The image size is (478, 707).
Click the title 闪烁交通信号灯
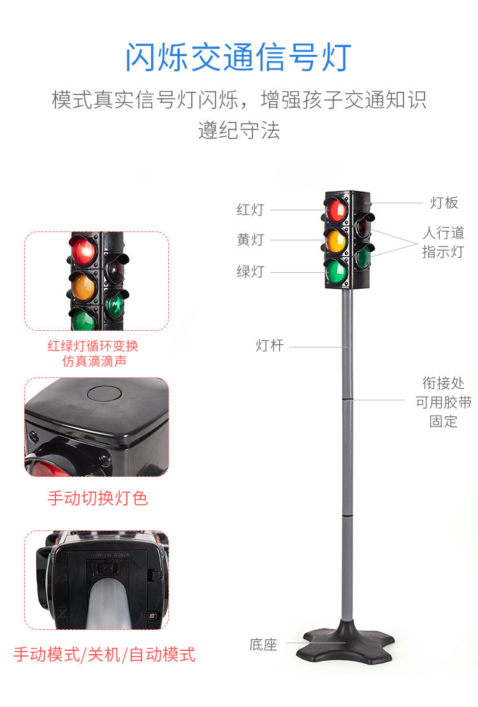238,57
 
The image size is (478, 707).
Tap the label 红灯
250,210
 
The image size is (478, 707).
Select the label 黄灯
250,240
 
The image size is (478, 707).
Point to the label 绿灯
250,272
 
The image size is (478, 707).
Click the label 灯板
444,203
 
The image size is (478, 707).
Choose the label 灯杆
269,346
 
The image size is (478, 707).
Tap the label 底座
263,645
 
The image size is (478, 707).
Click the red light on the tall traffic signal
335,209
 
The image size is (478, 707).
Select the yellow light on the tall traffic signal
335,240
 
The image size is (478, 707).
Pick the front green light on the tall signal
335,270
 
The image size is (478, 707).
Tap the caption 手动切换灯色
98,498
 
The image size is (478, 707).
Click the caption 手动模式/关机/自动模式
105,655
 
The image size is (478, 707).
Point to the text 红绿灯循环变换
93,346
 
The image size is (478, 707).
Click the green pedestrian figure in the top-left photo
117,307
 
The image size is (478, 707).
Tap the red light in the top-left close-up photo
82,250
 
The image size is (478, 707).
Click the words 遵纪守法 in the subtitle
238,131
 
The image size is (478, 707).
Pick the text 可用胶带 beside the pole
444,402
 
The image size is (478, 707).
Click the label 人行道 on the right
444,233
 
